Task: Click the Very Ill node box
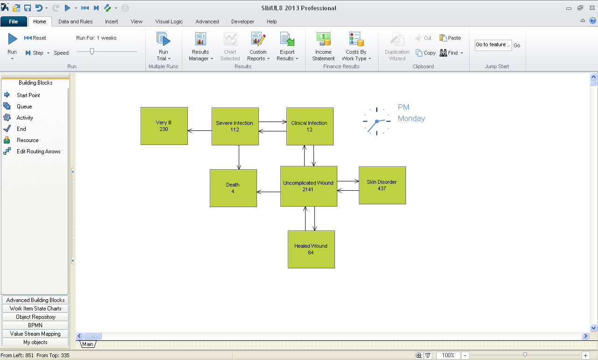[164, 126]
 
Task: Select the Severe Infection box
[235, 126]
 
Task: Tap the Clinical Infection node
[310, 126]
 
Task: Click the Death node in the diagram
[233, 188]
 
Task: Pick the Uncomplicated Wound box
[308, 186]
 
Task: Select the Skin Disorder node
[382, 185]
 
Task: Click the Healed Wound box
[311, 249]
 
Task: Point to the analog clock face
[377, 121]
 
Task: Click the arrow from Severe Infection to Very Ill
[199, 131]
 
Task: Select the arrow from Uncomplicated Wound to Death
[269, 192]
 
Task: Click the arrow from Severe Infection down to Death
[239, 157]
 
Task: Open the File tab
[14, 22]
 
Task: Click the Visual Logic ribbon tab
[169, 22]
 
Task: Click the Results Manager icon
[200, 39]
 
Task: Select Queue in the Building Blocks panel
[24, 107]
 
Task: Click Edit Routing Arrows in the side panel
[38, 151]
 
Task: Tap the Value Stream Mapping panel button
[36, 334]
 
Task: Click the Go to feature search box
[493, 45]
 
